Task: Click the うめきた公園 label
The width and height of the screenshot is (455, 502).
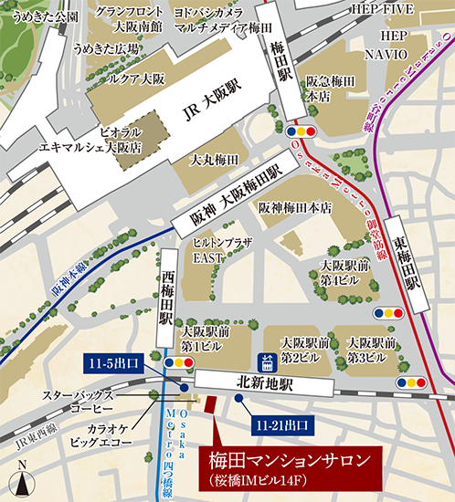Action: [40, 16]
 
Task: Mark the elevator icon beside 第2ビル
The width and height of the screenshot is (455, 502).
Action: [268, 359]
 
